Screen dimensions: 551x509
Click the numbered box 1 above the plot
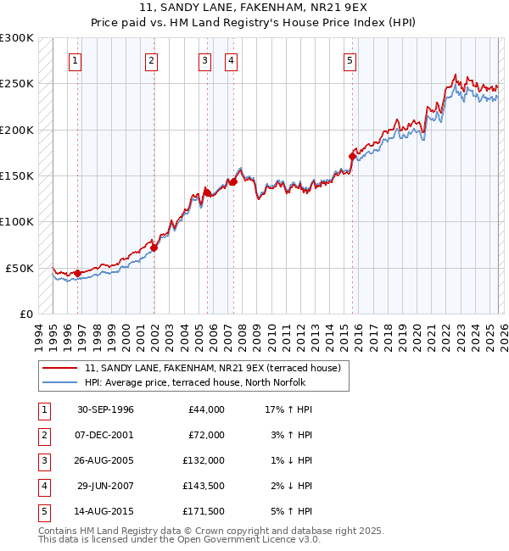coord(76,60)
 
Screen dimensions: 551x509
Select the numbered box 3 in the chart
coord(205,60)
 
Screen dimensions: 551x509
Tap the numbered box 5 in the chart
coord(350,60)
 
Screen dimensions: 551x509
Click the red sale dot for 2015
coord(352,156)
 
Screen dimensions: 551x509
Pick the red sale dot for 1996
coord(77,273)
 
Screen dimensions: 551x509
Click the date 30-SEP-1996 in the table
coord(105,409)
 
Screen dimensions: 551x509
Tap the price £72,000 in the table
coord(206,435)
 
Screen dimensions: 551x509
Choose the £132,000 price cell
coord(204,460)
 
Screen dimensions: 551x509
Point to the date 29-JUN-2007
coord(105,486)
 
